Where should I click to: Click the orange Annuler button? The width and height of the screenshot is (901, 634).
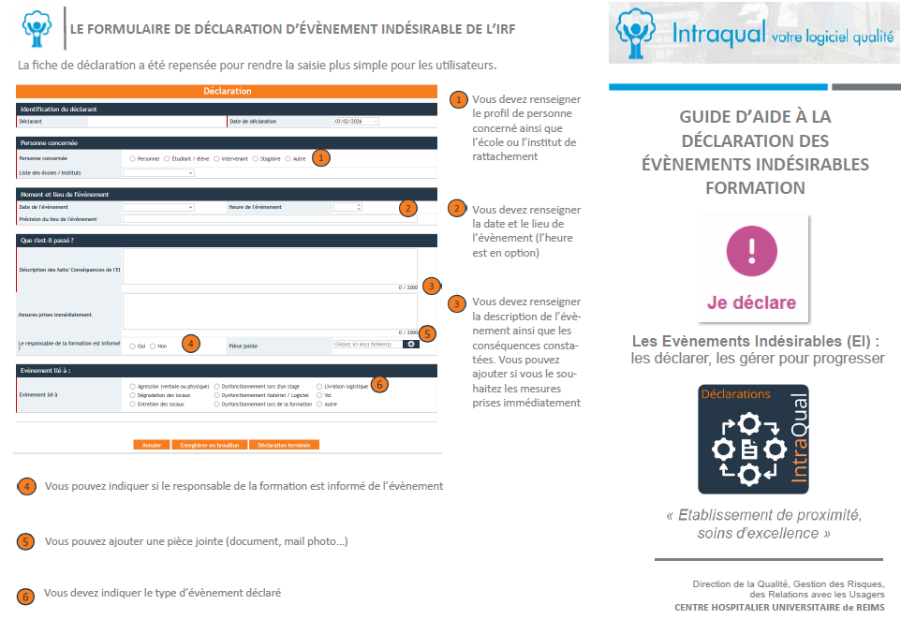click(152, 445)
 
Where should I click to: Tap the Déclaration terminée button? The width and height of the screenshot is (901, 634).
click(284, 445)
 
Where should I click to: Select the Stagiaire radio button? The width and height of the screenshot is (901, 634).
click(256, 159)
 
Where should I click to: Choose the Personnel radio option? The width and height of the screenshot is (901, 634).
click(133, 159)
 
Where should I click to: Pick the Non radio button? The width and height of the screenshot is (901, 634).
click(153, 346)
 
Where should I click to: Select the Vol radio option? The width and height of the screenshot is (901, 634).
click(319, 395)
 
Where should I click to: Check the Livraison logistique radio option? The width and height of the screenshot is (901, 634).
click(319, 386)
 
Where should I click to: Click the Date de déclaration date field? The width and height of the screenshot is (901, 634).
click(355, 122)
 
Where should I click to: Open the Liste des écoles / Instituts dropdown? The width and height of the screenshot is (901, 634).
click(158, 173)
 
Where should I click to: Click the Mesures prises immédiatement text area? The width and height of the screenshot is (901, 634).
click(270, 310)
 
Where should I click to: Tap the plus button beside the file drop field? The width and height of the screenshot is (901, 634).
click(411, 345)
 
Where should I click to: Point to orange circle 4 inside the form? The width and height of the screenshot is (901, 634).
click(191, 344)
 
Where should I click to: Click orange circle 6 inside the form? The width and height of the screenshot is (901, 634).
click(379, 384)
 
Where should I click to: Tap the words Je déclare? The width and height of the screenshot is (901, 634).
click(751, 302)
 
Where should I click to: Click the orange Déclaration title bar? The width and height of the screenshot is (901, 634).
click(228, 92)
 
